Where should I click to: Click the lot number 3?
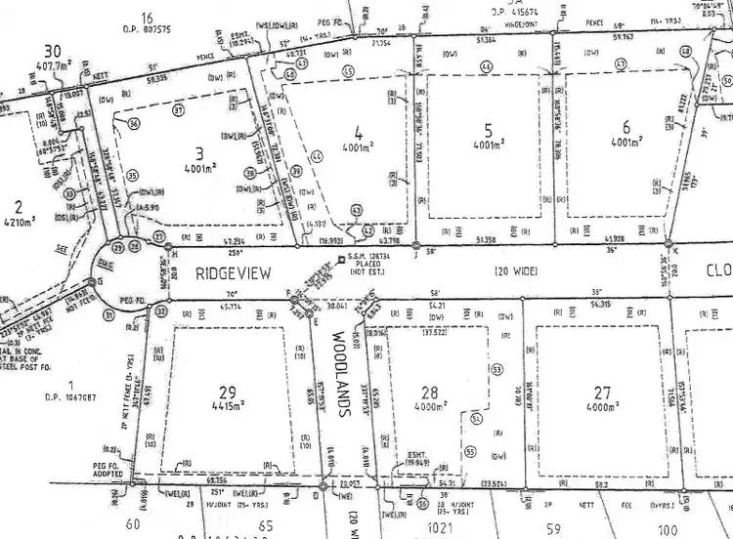(x=198, y=152)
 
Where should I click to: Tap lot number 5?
(x=488, y=130)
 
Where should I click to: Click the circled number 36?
(x=135, y=122)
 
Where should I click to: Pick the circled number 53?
(x=496, y=370)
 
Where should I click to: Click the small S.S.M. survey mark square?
(x=338, y=260)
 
